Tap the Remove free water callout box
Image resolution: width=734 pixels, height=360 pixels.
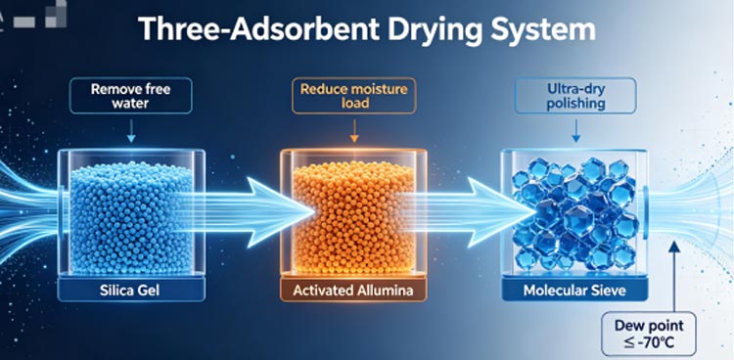point(130,96)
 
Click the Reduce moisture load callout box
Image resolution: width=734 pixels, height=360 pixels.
point(354,96)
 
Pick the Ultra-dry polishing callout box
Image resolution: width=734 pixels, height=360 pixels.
point(575,96)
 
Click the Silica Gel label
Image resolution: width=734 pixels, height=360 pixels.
point(130,291)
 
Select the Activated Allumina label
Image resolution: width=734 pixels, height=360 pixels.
point(353,291)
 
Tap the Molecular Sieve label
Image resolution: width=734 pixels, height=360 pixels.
point(574,291)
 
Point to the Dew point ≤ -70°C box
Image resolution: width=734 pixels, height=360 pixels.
point(649,334)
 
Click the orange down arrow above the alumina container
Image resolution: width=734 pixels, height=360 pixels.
point(354,131)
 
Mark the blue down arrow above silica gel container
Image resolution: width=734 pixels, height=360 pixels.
point(131,131)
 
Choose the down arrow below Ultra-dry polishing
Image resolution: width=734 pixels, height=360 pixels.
point(575,131)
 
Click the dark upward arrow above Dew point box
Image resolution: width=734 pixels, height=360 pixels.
point(674,275)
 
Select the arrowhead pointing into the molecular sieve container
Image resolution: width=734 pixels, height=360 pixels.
point(504,212)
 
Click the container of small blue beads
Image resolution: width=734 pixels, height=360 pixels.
point(131,213)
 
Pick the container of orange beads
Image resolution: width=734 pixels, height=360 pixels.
point(353,213)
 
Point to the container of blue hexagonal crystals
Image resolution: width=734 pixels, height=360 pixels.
point(574,213)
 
